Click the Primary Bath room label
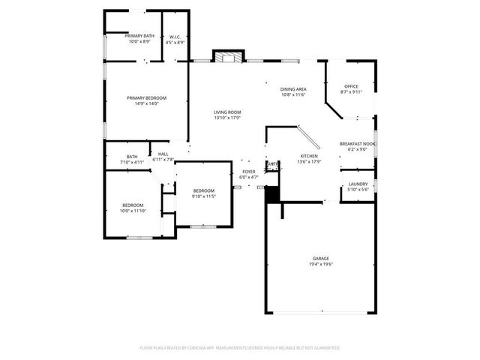(x=139, y=36)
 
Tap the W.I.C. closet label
(x=173, y=36)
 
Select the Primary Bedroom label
(x=146, y=98)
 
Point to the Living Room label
(x=226, y=112)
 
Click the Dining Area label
(x=294, y=88)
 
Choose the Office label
(x=351, y=86)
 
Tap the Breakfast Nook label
(x=358, y=143)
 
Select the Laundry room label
(x=358, y=184)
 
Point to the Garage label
(x=321, y=259)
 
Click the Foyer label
(x=248, y=172)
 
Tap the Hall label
(x=163, y=154)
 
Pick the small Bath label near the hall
(x=132, y=157)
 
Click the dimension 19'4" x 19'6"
(x=321, y=265)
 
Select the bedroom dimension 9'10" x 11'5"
(x=204, y=196)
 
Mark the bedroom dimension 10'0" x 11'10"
(x=133, y=211)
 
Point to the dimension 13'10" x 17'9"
(x=226, y=118)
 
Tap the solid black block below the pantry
(x=272, y=193)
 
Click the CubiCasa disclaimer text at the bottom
(x=240, y=348)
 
